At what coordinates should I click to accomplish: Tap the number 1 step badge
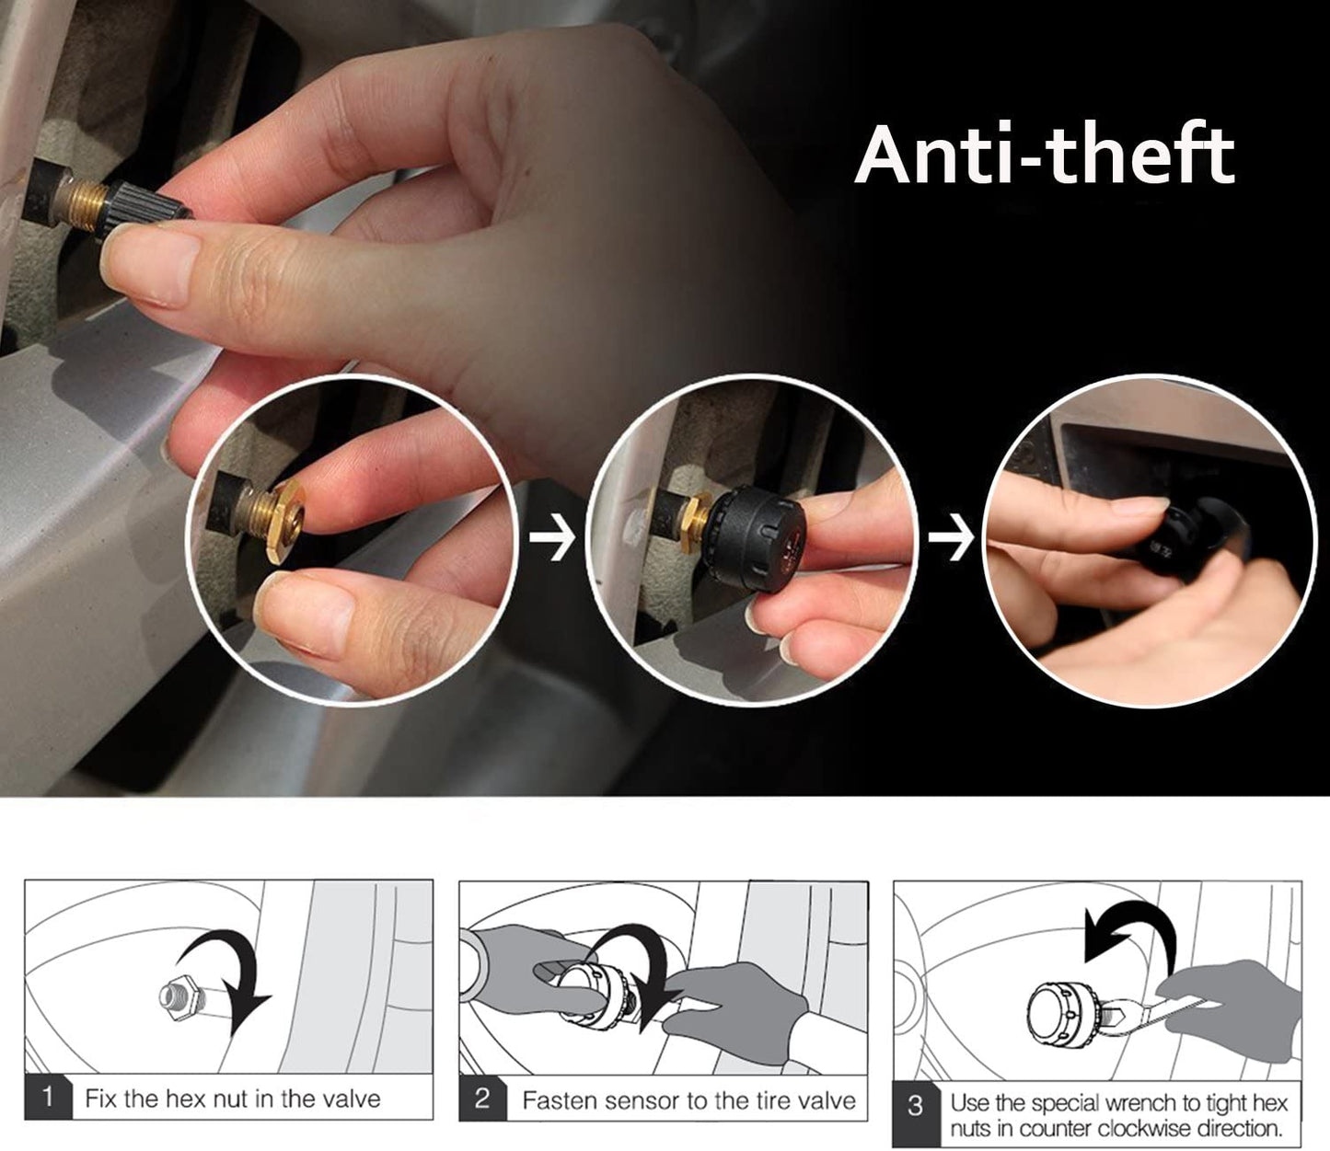pyautogui.click(x=47, y=1097)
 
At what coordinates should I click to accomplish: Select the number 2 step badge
pyautogui.click(x=482, y=1098)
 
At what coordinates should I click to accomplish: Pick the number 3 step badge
pyautogui.click(x=916, y=1106)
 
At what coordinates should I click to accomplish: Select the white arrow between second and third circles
pyautogui.click(x=951, y=539)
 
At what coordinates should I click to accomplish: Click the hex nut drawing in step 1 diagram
pyautogui.click(x=179, y=998)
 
